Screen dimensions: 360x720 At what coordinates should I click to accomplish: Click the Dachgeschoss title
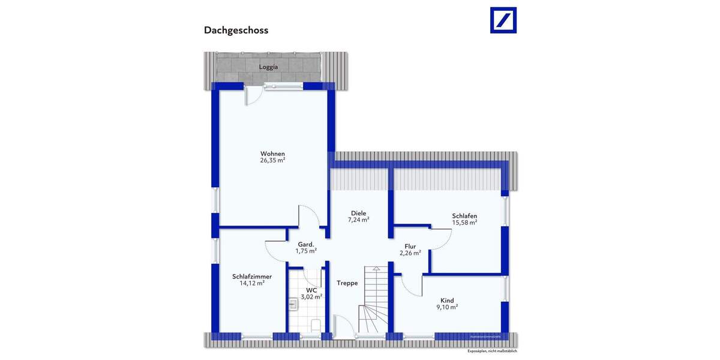[x=236, y=29]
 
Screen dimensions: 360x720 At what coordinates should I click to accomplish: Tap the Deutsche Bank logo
[x=503, y=20]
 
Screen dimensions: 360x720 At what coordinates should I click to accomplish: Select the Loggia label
[x=268, y=67]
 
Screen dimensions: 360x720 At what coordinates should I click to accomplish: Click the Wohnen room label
[x=272, y=153]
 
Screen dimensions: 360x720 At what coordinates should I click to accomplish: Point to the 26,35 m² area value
[x=272, y=161]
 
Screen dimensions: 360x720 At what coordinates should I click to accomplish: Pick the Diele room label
[x=359, y=213]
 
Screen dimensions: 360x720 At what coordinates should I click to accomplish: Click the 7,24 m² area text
[x=359, y=220]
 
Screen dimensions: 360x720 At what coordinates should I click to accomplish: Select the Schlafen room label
[x=464, y=215]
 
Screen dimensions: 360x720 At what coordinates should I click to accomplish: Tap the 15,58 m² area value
[x=464, y=223]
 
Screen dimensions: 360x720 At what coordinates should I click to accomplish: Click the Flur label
[x=410, y=246]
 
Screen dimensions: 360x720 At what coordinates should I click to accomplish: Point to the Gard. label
[x=305, y=244]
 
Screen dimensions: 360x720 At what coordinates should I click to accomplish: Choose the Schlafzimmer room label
[x=252, y=277]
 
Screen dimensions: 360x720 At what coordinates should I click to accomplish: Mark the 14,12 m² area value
[x=252, y=284]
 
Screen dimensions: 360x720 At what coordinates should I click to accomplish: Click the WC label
[x=311, y=290]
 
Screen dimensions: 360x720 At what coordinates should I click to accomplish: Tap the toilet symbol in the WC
[x=315, y=325]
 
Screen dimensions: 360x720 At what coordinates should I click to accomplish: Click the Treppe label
[x=347, y=283]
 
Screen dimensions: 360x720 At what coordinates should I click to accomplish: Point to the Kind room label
[x=447, y=301]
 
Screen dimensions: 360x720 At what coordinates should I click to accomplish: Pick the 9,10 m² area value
[x=447, y=307]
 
